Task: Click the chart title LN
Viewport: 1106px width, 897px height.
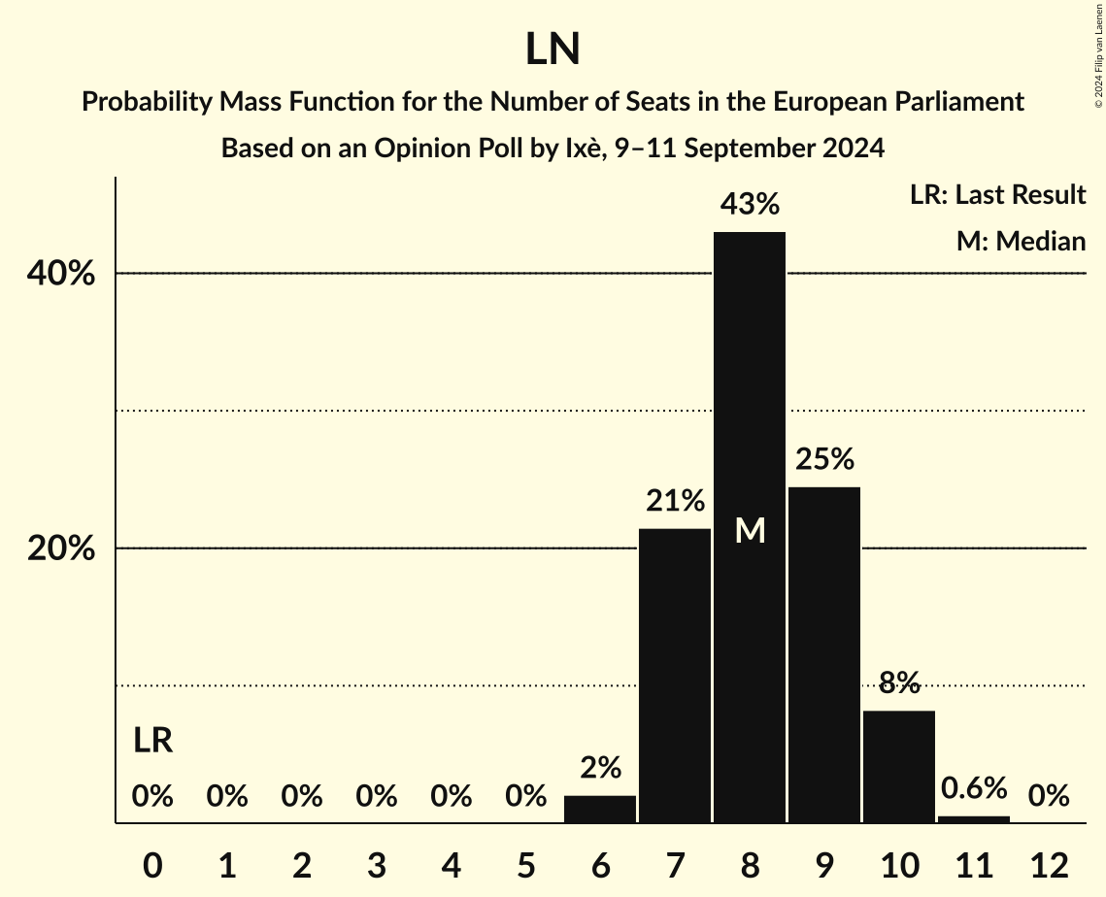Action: pos(553,50)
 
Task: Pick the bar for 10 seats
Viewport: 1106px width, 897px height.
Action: pos(899,767)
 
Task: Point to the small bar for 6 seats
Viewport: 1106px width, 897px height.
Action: pos(600,810)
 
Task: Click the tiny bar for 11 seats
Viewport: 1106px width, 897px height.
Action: pos(974,819)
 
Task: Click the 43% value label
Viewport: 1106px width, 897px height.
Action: pos(750,204)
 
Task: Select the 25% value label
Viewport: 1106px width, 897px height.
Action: pos(824,458)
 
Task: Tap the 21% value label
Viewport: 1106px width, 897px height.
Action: pos(675,501)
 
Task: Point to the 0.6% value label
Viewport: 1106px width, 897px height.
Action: pos(974,788)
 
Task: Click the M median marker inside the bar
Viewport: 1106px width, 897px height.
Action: pos(750,530)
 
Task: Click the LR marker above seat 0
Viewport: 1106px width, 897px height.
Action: pos(152,741)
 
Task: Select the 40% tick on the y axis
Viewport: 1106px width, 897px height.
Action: pos(61,275)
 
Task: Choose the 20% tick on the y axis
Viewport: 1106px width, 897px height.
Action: pos(61,549)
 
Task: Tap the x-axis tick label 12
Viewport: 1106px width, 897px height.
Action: pos(1049,865)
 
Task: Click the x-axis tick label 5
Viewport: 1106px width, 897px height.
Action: pos(525,865)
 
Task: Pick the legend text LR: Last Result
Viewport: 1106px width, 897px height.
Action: pos(997,195)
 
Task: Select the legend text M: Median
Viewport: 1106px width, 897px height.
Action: pos(1021,241)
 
